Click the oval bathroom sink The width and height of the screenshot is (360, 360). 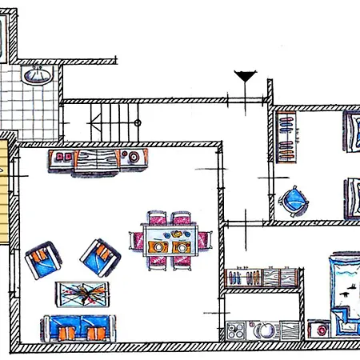(x=34, y=76)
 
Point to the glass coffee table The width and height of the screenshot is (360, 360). (x=82, y=295)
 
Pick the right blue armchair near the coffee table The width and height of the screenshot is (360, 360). (x=101, y=256)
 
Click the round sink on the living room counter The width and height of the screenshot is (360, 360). (x=134, y=157)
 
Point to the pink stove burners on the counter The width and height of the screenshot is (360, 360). (x=63, y=157)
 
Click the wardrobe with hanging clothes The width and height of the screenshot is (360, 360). (x=287, y=137)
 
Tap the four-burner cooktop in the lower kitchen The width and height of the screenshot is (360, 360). (x=236, y=330)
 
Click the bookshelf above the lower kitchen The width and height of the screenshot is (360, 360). (x=262, y=278)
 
